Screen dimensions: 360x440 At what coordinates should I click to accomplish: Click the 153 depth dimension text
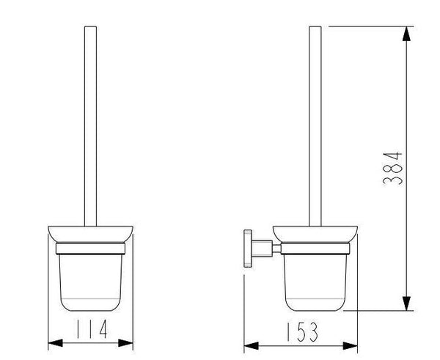303,334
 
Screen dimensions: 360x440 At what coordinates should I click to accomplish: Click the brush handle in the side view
315,125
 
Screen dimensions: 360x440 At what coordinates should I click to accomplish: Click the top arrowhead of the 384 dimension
404,32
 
